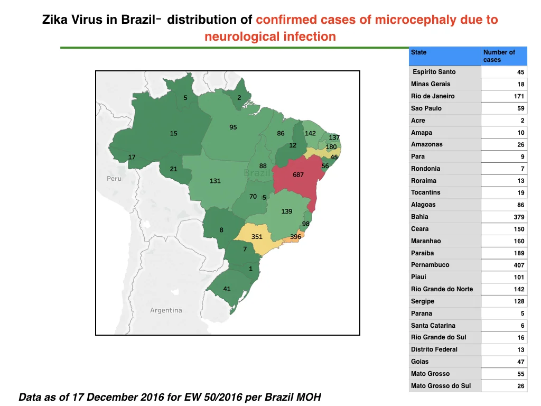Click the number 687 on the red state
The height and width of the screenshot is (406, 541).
pyautogui.click(x=298, y=174)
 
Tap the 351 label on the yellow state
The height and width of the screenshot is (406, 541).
pyautogui.click(x=257, y=236)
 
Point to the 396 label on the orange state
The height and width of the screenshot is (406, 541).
pyautogui.click(x=296, y=236)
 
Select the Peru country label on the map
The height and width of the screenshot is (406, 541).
pyautogui.click(x=114, y=179)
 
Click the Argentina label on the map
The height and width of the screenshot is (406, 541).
pyautogui.click(x=166, y=310)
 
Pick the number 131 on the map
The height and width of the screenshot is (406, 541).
pyautogui.click(x=215, y=181)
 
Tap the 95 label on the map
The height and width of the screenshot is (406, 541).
pyautogui.click(x=233, y=127)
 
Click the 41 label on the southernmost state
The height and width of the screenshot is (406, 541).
pyautogui.click(x=227, y=289)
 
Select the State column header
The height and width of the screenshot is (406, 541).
pyautogui.click(x=418, y=52)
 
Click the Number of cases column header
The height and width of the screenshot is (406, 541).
pyautogui.click(x=499, y=56)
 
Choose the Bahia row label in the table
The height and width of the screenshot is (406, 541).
pyautogui.click(x=419, y=217)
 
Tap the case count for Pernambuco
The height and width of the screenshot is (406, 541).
pyautogui.click(x=519, y=265)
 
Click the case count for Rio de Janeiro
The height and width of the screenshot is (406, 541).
pyautogui.click(x=519, y=96)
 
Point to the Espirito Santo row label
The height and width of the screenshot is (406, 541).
pyautogui.click(x=434, y=72)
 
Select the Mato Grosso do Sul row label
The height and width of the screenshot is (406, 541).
pyautogui.click(x=441, y=385)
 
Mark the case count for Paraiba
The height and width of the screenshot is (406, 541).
pyautogui.click(x=519, y=253)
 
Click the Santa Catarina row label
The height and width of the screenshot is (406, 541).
pyautogui.click(x=433, y=326)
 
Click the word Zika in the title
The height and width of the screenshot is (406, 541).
pyautogui.click(x=55, y=20)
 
